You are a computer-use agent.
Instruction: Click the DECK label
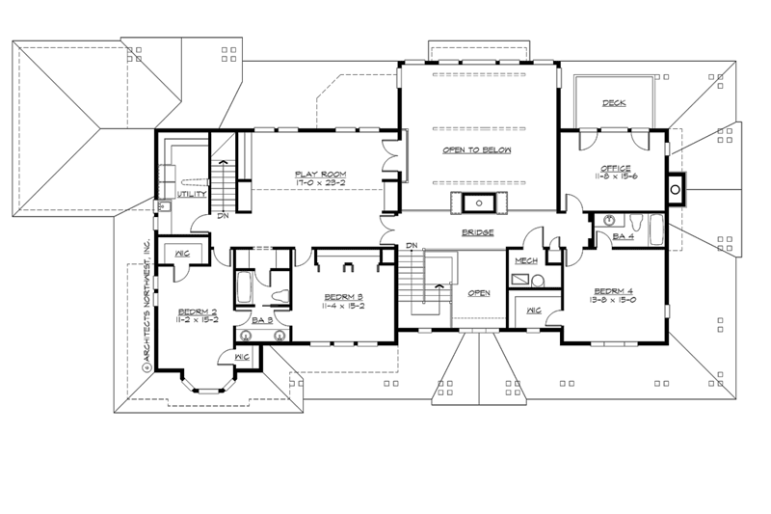pos(614,104)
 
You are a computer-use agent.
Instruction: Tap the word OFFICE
pos(615,168)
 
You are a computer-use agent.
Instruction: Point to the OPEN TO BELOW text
pos(476,151)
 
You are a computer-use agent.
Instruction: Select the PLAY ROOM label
pos(321,174)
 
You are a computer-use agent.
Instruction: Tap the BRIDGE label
pos(477,233)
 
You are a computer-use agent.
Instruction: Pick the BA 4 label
pos(624,236)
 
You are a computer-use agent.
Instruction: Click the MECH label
pos(525,261)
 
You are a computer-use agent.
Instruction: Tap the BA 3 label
pos(261,320)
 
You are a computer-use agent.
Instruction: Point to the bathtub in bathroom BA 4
pos(655,231)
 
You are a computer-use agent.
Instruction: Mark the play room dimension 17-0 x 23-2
pos(321,183)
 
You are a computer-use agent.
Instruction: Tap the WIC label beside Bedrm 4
pos(533,311)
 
